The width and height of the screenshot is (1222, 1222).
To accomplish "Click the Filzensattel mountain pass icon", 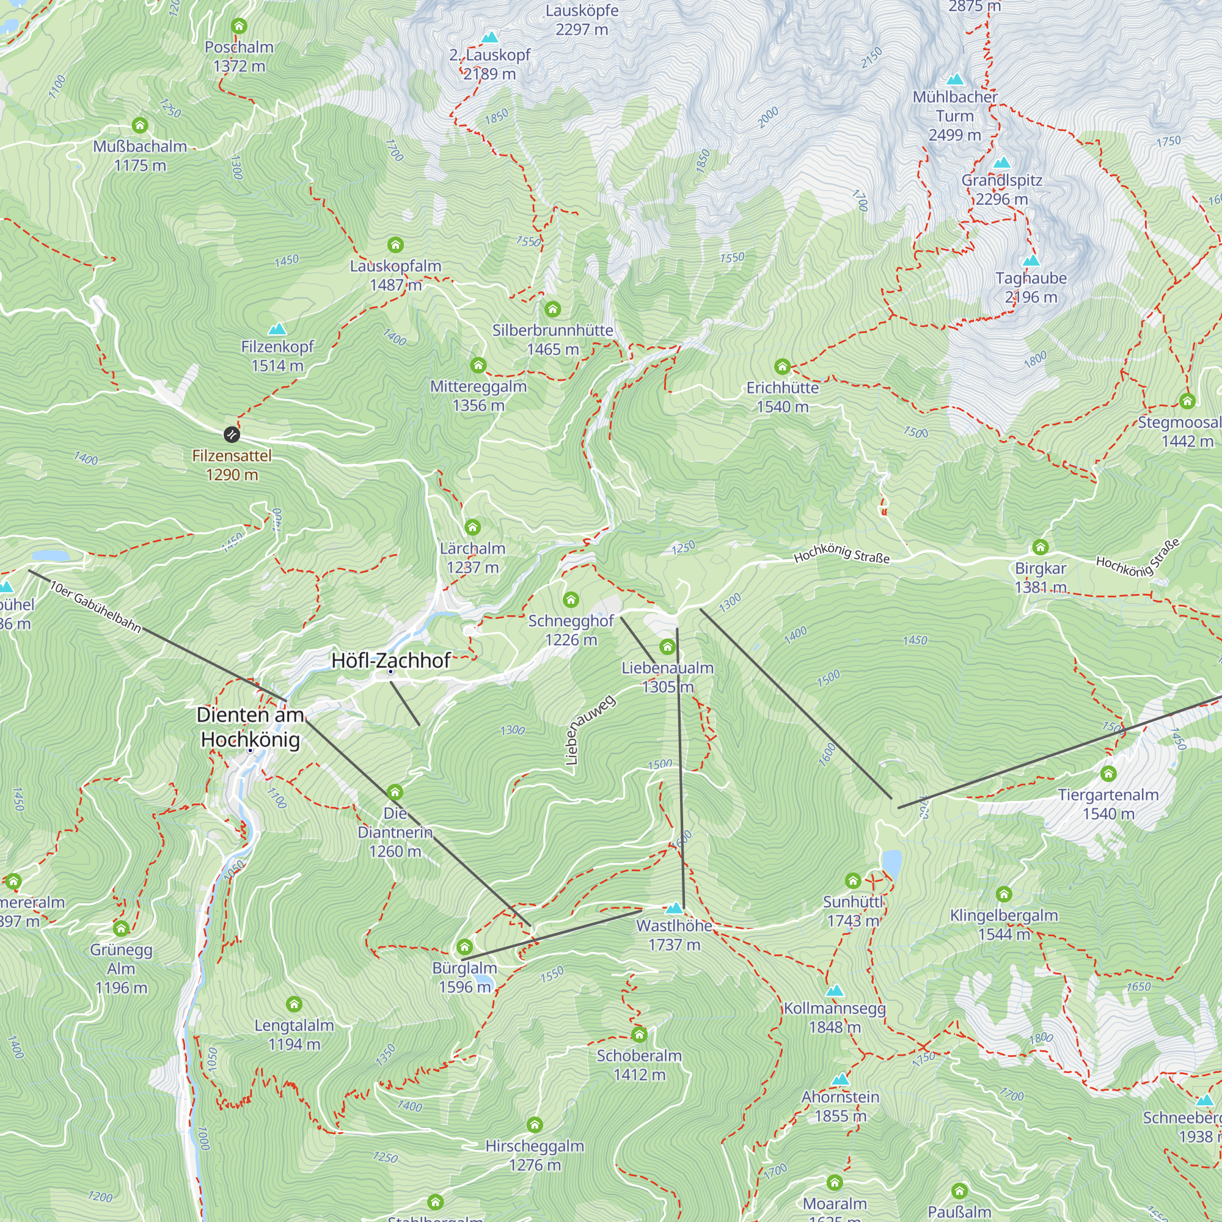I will (x=232, y=434).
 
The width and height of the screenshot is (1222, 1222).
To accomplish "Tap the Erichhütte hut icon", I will (x=783, y=366).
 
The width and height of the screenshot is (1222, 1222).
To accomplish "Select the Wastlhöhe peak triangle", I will (x=675, y=909).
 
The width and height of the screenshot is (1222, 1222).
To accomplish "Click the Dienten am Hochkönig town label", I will (x=251, y=726).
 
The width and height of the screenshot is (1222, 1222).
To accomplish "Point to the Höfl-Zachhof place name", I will (x=391, y=660).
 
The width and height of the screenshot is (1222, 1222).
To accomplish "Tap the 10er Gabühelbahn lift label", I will (x=95, y=607).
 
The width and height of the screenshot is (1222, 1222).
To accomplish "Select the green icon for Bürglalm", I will (x=465, y=947).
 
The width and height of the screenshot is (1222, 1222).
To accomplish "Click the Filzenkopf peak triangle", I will (x=277, y=329).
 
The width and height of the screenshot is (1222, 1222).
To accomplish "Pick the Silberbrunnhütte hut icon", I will (x=553, y=309).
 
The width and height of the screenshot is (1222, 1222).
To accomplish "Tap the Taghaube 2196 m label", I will (x=1031, y=287).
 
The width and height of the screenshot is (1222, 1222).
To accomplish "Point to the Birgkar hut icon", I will (x=1041, y=547).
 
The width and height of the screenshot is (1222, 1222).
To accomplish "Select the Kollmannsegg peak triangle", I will (x=834, y=990).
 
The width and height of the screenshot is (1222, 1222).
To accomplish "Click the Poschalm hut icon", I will (x=239, y=26).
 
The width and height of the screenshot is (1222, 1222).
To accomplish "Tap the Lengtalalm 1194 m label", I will (x=294, y=1034).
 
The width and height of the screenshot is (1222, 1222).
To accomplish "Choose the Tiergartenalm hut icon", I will (x=1108, y=774).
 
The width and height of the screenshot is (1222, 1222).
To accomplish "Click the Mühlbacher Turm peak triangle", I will (x=955, y=79).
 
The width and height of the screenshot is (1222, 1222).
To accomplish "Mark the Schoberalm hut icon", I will (x=640, y=1035).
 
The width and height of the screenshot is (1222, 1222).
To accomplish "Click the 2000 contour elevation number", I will (x=768, y=117).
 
